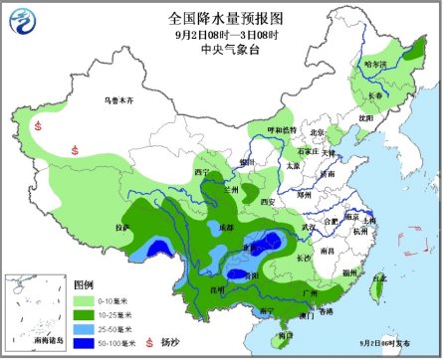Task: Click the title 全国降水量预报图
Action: coord(221,17)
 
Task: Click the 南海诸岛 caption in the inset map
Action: coord(31,342)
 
